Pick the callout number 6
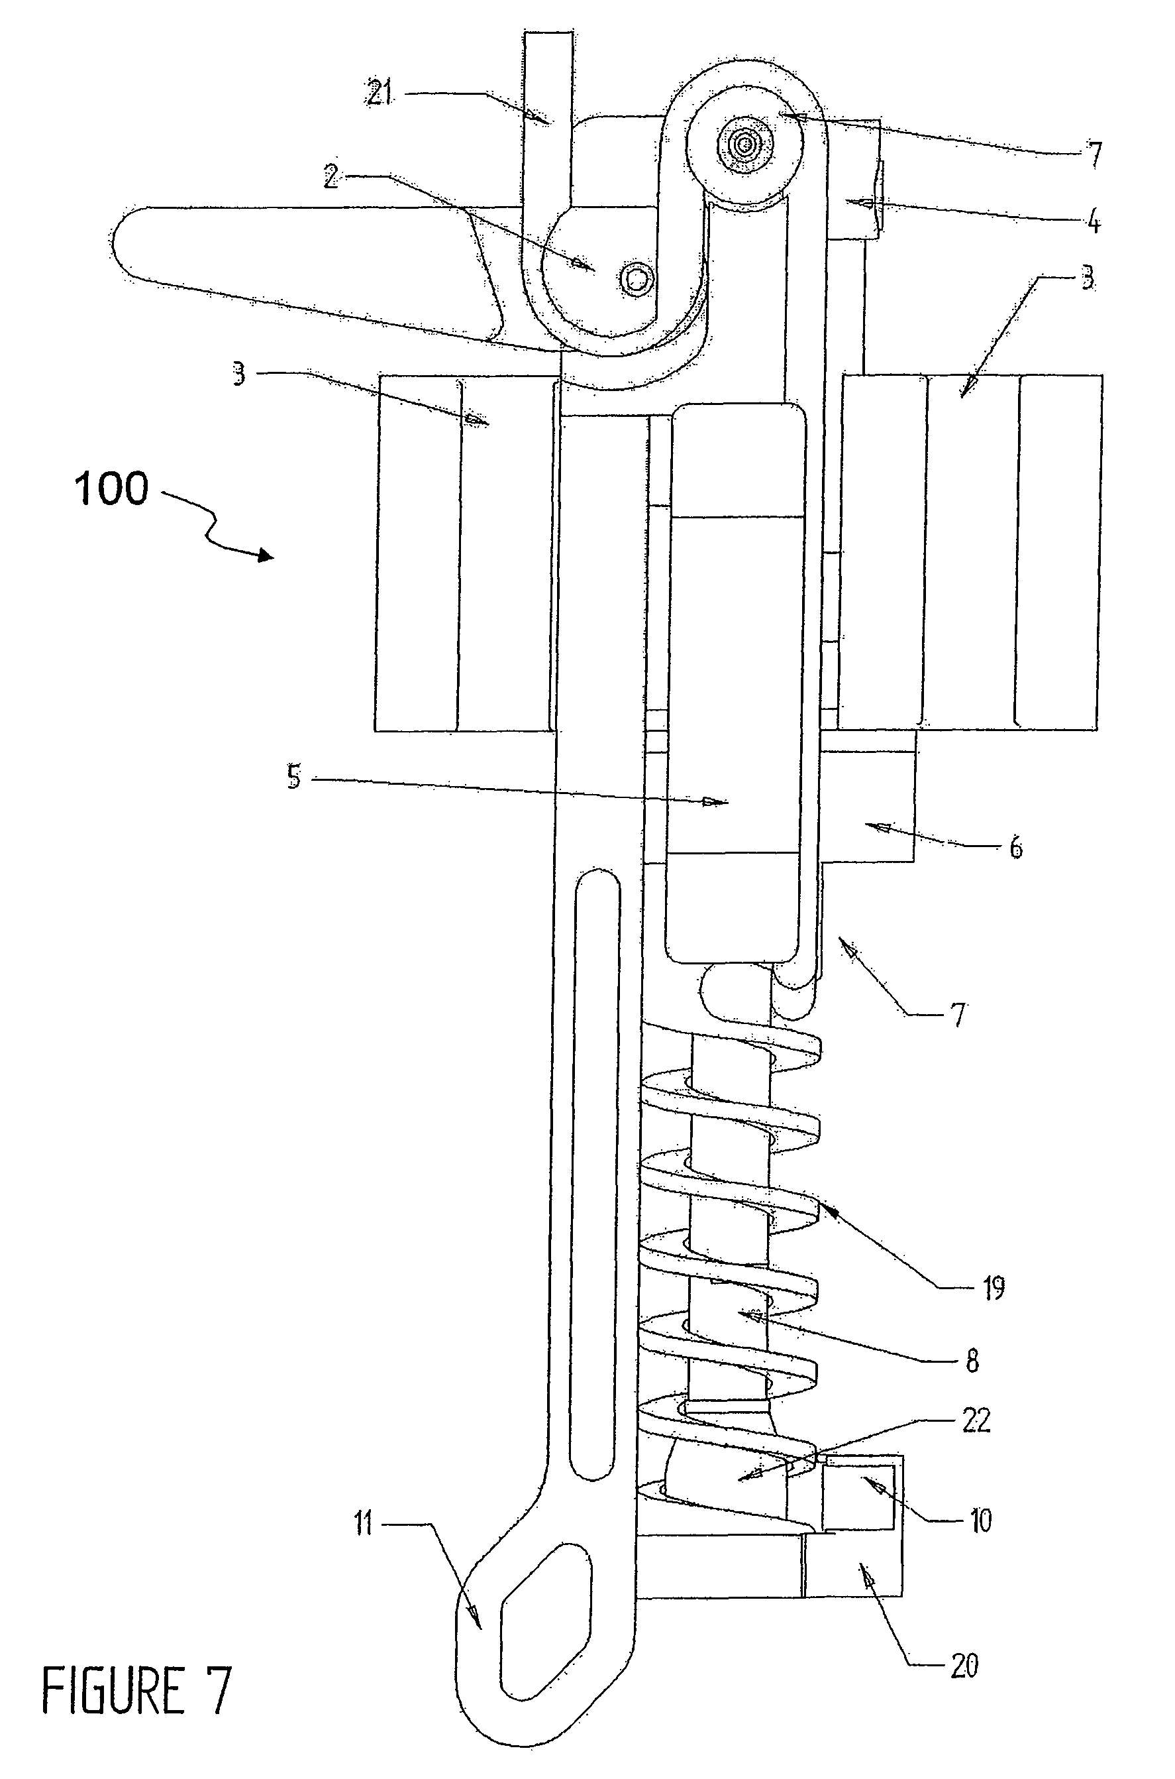click(x=1015, y=848)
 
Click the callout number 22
click(x=976, y=1420)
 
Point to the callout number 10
click(x=980, y=1521)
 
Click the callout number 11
click(x=364, y=1525)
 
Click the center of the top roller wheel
click(x=746, y=143)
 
